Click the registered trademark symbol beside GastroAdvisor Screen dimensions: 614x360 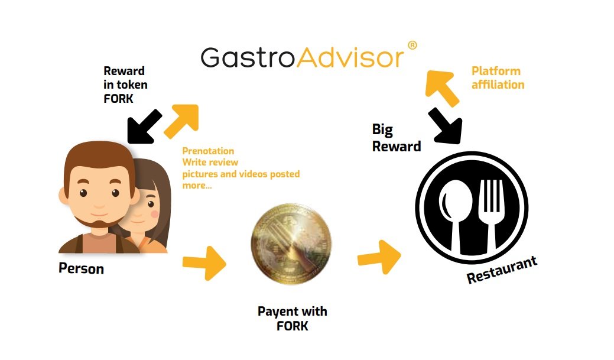click(412, 46)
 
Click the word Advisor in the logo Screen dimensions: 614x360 click(350, 58)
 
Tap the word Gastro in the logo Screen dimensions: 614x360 click(248, 58)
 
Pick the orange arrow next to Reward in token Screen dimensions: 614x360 click(181, 121)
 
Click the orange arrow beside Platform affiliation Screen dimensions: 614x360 click(441, 87)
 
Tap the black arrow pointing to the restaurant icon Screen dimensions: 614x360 click(446, 125)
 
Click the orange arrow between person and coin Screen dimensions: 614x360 click(204, 263)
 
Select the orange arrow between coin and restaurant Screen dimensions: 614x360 click(379, 257)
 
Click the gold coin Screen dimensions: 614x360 click(291, 244)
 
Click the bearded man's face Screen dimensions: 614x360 click(99, 190)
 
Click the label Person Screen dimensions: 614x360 click(81, 269)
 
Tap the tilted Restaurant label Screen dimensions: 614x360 click(502, 270)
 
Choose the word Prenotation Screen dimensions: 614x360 click(208, 151)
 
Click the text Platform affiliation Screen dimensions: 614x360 click(498, 77)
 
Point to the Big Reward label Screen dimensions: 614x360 click(397, 138)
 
